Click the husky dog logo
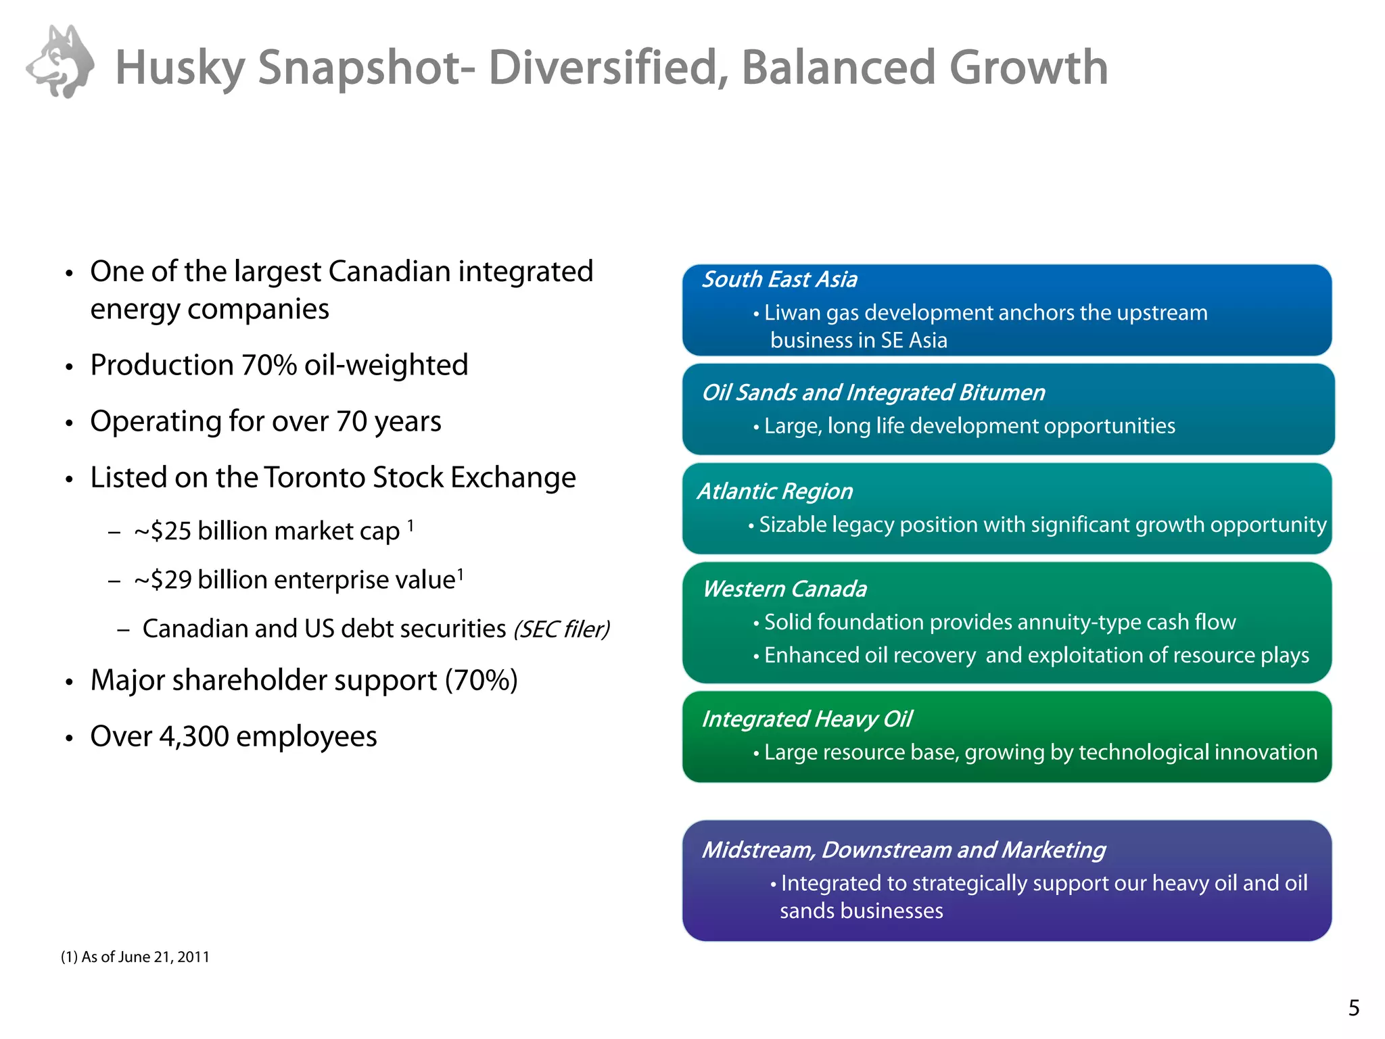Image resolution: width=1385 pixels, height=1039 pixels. click(61, 62)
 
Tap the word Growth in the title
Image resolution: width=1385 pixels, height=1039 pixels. click(1028, 68)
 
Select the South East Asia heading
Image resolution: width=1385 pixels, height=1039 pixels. click(779, 280)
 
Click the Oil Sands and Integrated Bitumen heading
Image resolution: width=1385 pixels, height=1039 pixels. click(873, 393)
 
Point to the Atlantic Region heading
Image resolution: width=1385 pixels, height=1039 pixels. click(775, 491)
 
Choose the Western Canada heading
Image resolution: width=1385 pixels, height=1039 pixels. click(784, 589)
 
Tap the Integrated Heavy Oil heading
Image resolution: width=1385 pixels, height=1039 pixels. click(807, 719)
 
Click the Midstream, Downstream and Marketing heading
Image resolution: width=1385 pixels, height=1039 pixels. click(903, 850)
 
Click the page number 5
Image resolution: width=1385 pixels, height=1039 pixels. click(1353, 1009)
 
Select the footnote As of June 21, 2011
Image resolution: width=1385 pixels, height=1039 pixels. click(135, 957)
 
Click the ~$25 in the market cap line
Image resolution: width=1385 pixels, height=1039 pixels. click(162, 532)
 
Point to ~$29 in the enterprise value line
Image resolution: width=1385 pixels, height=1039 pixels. click(162, 581)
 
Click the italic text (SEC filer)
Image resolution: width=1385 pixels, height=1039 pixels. click(561, 630)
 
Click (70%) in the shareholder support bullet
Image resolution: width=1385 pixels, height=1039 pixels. click(481, 681)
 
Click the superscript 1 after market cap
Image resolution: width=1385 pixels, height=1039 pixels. click(410, 525)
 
